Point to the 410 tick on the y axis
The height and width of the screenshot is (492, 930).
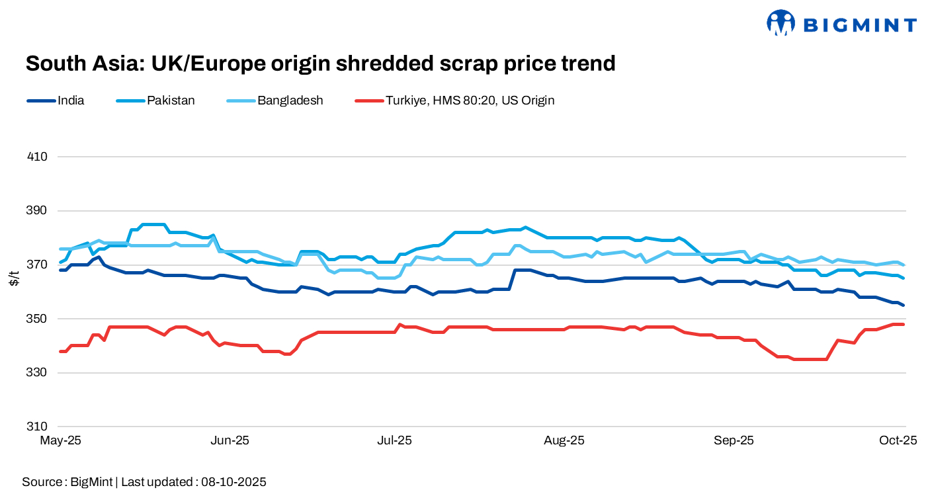coord(38,157)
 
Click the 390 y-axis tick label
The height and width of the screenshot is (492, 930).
coord(38,211)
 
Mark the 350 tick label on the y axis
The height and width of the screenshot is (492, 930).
coord(38,319)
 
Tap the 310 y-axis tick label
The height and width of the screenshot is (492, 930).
coord(38,427)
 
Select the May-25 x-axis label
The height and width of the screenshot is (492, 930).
coord(61,440)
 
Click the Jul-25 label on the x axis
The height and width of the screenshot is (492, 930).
coord(395,440)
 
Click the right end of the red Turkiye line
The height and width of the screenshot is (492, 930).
coord(904,324)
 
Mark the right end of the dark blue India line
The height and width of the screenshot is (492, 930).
coord(904,305)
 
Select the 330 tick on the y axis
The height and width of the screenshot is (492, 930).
coord(38,373)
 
